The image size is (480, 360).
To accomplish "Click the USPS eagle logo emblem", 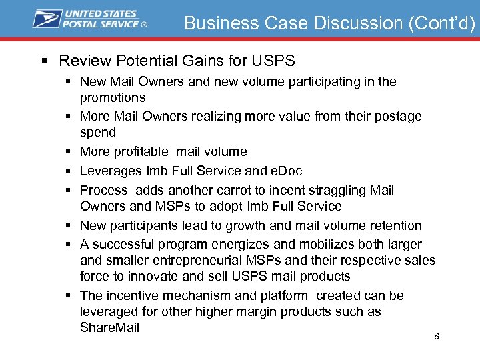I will (47, 19).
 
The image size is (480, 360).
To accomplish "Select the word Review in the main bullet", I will (85, 61).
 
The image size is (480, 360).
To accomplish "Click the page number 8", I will (437, 336).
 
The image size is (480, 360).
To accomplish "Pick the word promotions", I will (113, 97).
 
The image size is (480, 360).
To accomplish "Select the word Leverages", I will (111, 171).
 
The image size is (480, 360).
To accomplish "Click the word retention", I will (393, 225).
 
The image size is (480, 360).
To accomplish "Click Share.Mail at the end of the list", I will (110, 327).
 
